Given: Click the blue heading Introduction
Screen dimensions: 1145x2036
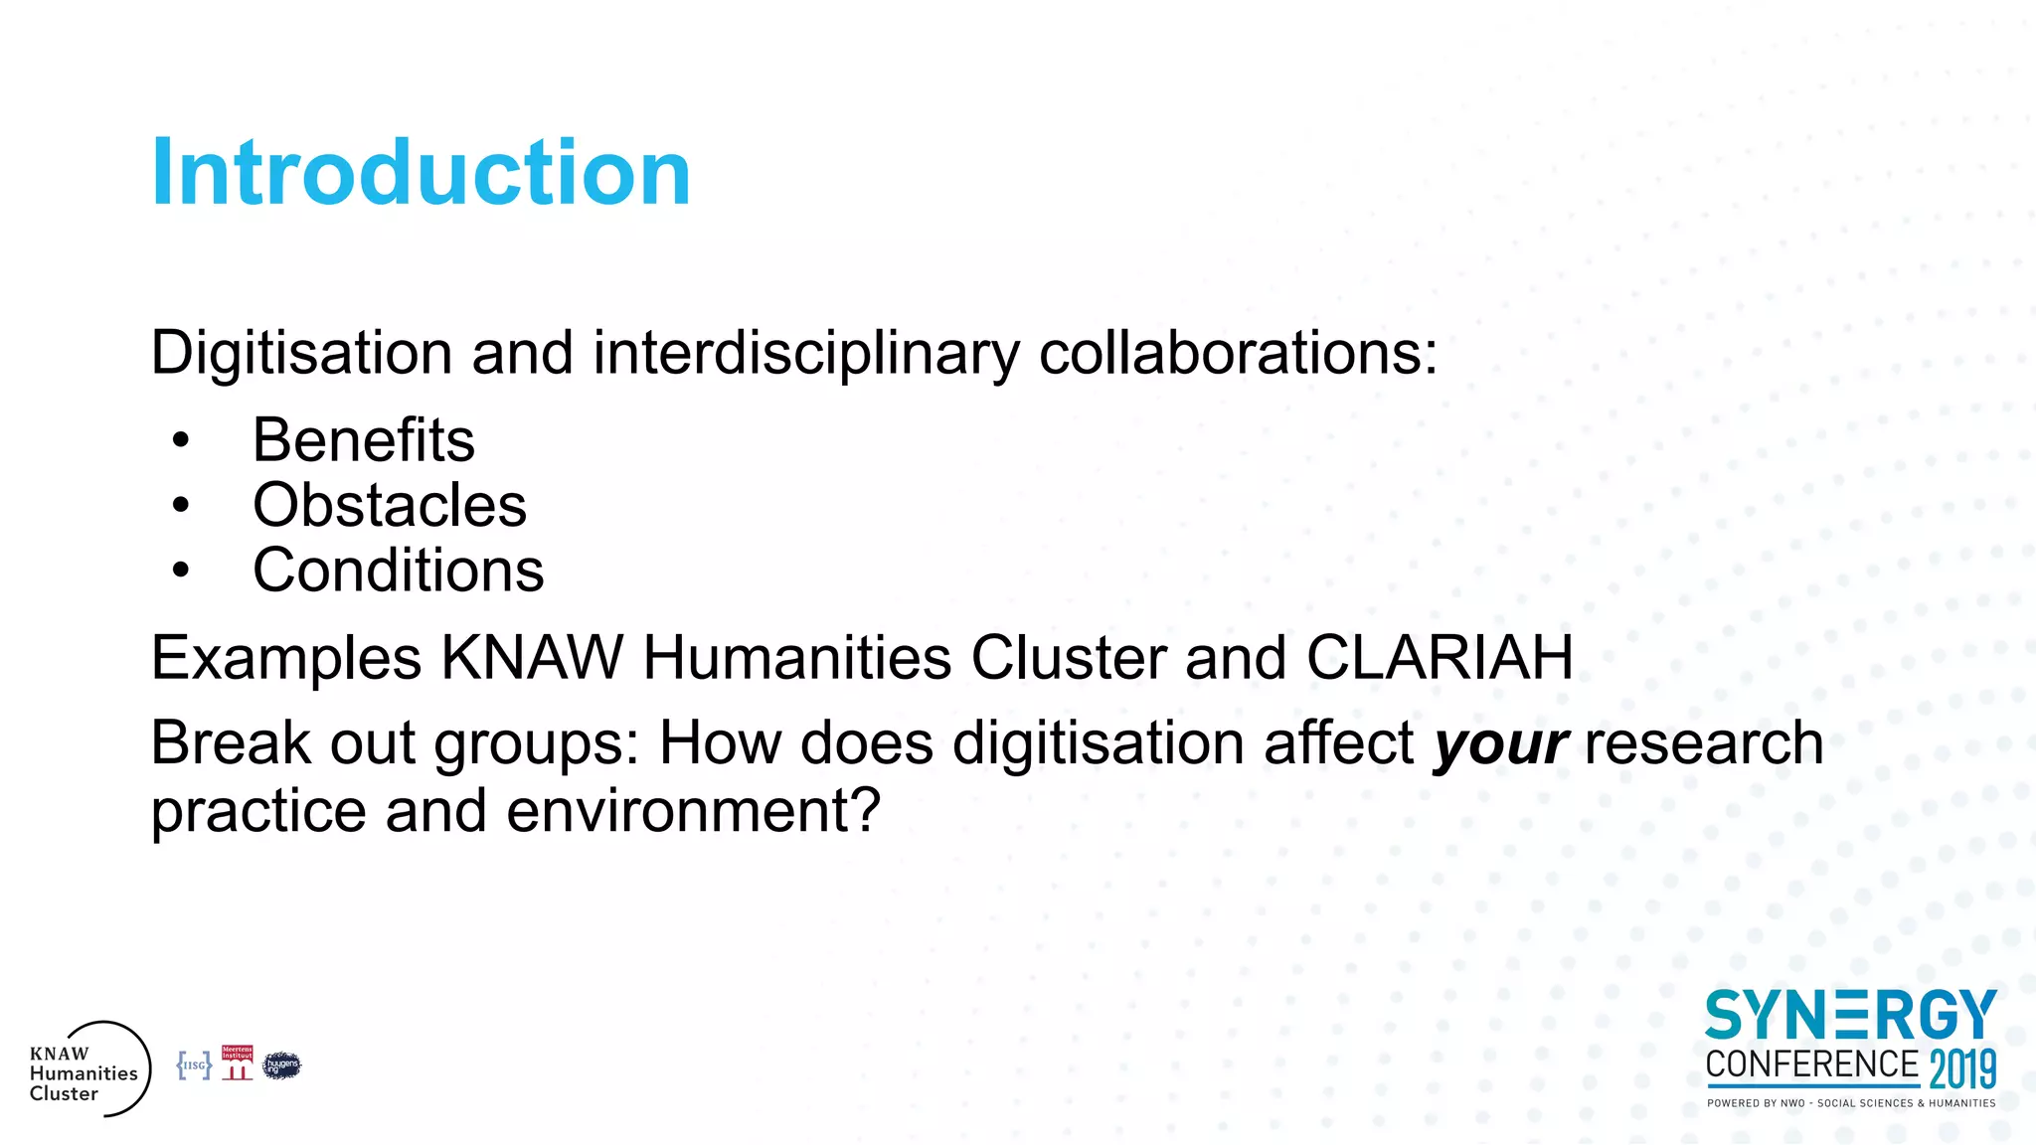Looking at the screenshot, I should tap(421, 173).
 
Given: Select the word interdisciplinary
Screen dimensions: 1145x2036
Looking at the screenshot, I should tap(806, 353).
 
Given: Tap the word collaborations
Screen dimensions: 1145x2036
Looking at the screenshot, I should tap(1237, 353).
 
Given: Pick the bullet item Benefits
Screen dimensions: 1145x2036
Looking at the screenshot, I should tap(364, 440).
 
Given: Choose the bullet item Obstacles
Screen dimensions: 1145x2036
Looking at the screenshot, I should tap(390, 505).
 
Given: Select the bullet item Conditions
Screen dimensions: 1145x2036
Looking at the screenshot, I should tap(399, 571).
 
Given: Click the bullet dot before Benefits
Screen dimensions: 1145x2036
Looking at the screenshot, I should tap(180, 440).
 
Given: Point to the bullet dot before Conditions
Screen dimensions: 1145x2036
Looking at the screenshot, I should tap(180, 571).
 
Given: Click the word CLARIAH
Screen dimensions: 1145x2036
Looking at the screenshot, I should tap(1439, 658).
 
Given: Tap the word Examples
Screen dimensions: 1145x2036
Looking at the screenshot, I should tap(286, 658).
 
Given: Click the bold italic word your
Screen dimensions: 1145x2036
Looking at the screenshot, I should tap(1500, 743).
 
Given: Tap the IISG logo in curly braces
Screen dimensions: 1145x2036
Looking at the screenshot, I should tap(194, 1065).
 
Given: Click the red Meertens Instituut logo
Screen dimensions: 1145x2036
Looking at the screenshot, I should tap(237, 1063).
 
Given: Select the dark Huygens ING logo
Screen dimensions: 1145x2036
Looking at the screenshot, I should tap(281, 1065).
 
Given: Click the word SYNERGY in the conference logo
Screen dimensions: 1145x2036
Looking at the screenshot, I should tap(1850, 1016).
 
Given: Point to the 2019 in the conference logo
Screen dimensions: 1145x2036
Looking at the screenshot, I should tap(1962, 1069).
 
